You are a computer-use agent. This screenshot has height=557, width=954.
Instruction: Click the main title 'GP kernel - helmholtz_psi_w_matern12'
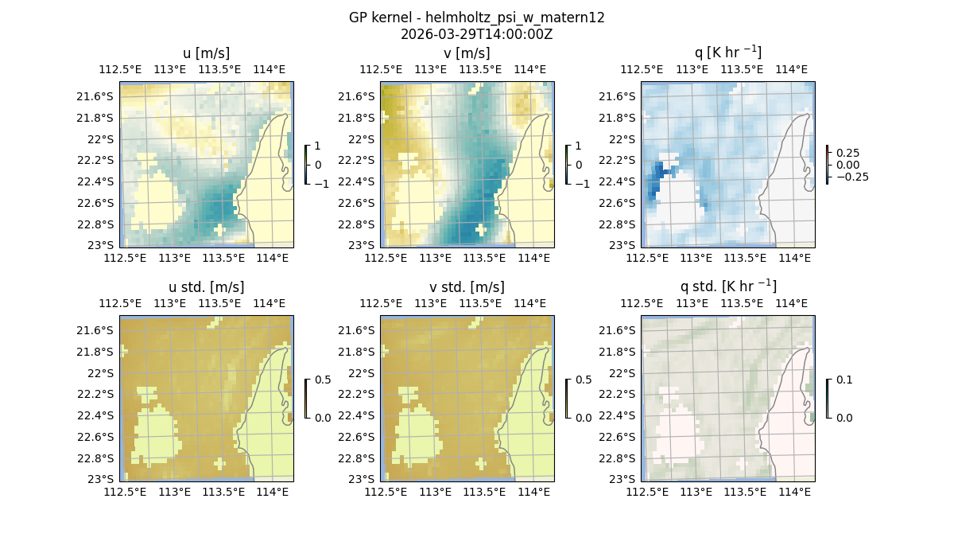coord(476,18)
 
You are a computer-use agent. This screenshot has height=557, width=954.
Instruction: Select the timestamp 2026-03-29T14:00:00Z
coord(476,34)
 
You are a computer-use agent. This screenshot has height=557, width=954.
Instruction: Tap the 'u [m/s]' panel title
coord(207,53)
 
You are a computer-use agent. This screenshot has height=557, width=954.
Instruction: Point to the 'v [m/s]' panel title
coord(467,53)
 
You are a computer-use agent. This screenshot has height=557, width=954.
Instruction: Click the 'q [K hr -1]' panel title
coord(728,53)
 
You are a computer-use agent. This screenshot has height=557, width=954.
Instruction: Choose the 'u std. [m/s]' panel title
coord(207,287)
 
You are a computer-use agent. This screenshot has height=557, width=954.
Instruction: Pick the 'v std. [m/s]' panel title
coord(467,287)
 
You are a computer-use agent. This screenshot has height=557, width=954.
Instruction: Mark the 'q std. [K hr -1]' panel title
coord(728,286)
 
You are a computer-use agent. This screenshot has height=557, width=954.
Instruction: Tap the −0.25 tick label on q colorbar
coord(850,177)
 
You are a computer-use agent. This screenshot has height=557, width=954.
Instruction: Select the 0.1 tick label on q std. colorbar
coord(843,380)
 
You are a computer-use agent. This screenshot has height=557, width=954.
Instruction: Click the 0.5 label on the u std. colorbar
coord(322,380)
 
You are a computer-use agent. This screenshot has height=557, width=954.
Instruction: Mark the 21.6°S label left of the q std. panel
coord(620,330)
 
